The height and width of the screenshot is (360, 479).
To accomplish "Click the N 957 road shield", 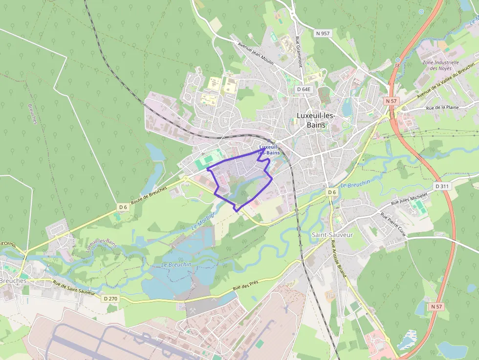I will coord(323,33).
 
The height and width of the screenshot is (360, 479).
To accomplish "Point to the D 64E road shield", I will coord(304,89).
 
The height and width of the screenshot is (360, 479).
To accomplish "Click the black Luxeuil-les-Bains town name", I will coord(316,120).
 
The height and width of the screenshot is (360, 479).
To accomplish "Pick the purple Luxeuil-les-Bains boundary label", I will coord(269,150).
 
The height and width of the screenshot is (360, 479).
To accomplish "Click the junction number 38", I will coord(397,64).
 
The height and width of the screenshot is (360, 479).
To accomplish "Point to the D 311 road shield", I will coord(441,186).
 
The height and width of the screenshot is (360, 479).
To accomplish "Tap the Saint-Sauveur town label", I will coord(332,234).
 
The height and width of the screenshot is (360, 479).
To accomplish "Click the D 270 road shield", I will coord(111,298).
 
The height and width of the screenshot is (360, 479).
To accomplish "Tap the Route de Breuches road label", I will coord(149,195).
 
